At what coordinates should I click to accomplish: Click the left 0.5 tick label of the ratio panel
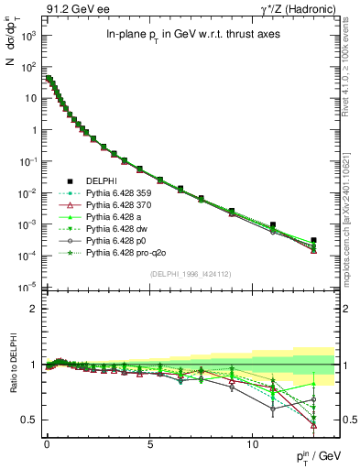[27, 420]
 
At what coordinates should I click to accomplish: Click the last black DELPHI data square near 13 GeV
[313, 240]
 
